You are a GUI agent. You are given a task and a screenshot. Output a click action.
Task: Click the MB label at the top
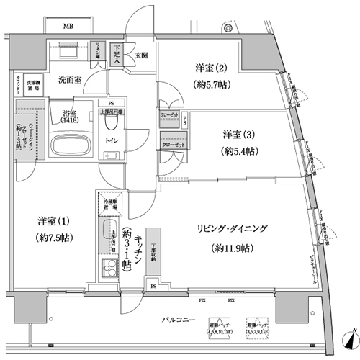pyautogui.click(x=68, y=27)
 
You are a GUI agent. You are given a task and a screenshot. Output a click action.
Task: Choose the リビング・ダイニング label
pyautogui.click(x=233, y=228)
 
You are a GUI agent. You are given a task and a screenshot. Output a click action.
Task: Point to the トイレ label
pyautogui.click(x=112, y=141)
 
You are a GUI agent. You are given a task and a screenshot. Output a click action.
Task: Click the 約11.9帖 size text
pyautogui.click(x=233, y=248)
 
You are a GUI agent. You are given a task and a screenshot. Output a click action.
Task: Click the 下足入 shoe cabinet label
pyautogui.click(x=118, y=53)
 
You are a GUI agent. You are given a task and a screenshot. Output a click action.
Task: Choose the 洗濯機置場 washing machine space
pyautogui.click(x=33, y=84)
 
